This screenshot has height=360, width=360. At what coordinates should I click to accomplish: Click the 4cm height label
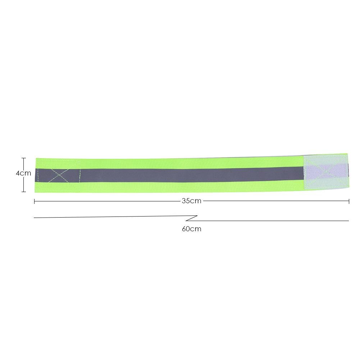(x=23, y=173)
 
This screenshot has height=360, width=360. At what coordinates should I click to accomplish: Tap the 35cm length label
(x=191, y=201)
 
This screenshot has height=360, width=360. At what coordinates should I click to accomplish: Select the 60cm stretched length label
(x=191, y=229)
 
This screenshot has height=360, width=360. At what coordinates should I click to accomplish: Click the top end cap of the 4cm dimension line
(x=24, y=158)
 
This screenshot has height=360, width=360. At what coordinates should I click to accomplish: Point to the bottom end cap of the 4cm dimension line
(x=24, y=192)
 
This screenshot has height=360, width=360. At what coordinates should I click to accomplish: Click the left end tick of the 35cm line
(x=35, y=201)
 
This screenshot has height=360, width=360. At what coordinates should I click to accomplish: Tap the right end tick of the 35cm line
(x=349, y=201)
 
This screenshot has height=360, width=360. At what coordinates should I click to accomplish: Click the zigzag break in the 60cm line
(x=192, y=218)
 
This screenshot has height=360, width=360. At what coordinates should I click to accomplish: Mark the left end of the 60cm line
(x=35, y=218)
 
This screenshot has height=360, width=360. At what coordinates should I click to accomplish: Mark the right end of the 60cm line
(x=348, y=220)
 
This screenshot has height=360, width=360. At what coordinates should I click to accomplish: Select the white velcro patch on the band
(x=326, y=172)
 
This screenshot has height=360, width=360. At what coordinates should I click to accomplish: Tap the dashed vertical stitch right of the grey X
(x=79, y=175)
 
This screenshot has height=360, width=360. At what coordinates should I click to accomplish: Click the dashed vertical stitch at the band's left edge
(x=38, y=175)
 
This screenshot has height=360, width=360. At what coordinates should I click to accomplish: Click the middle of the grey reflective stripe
(x=191, y=174)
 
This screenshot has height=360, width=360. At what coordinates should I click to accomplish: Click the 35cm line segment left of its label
(x=108, y=201)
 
